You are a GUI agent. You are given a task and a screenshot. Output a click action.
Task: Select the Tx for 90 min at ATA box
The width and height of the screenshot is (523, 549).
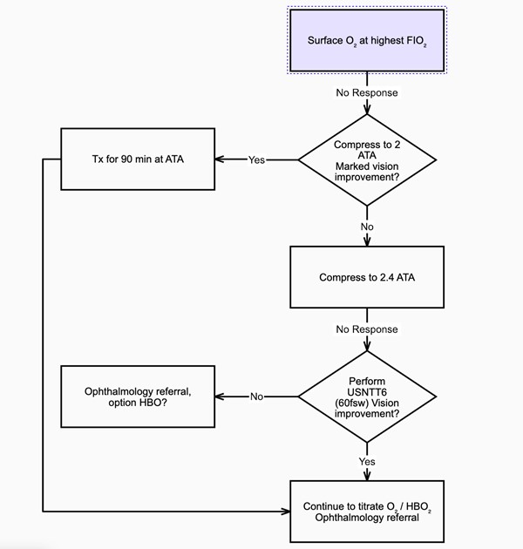[137, 159]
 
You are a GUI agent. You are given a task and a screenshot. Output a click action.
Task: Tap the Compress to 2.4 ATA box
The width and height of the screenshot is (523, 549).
[367, 278]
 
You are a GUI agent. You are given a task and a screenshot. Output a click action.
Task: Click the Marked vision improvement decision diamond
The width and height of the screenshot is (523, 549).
[367, 159]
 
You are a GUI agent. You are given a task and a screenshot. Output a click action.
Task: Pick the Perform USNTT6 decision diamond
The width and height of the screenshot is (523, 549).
[367, 396]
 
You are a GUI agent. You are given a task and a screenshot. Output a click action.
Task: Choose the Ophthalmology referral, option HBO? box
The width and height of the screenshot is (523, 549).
[137, 396]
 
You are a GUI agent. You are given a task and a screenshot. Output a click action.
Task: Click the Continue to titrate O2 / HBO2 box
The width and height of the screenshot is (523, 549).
[367, 512]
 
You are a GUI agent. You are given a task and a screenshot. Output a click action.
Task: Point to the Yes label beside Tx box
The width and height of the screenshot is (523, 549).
[257, 159]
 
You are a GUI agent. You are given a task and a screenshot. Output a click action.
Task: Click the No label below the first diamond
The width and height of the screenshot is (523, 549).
[367, 227]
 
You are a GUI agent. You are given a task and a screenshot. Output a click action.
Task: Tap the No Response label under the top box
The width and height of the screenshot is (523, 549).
[367, 92]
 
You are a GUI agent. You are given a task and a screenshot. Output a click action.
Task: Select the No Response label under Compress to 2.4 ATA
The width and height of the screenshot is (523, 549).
[367, 329]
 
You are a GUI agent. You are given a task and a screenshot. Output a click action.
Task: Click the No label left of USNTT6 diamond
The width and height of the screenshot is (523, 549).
[257, 396]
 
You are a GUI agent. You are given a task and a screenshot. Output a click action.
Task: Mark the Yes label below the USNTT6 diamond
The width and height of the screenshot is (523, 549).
[367, 460]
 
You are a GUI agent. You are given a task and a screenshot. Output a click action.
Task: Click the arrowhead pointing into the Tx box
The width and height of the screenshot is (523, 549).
[221, 159]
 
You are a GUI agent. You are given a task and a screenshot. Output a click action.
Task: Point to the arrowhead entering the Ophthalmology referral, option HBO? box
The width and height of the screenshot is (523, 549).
[221, 396]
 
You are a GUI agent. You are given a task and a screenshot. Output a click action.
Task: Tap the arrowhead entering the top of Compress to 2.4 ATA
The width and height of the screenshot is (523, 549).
[367, 241]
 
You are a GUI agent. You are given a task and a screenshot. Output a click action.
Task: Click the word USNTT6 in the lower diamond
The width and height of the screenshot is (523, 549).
[367, 391]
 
